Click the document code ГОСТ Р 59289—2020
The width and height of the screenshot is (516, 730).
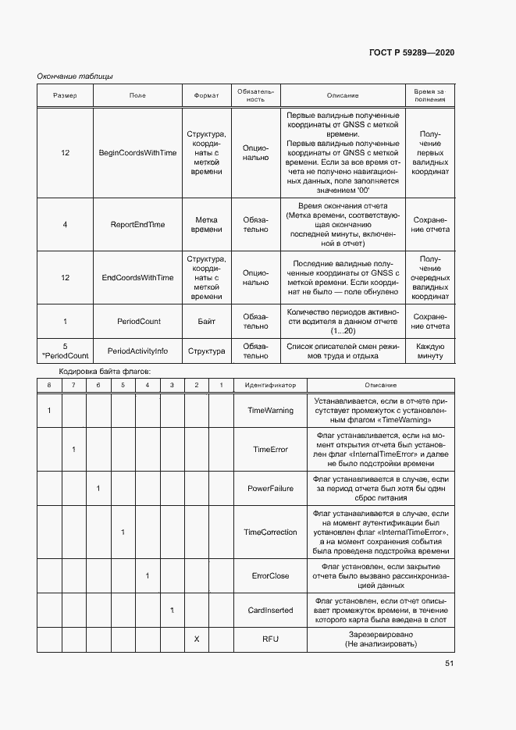click(x=411, y=52)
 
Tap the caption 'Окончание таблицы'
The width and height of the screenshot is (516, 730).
click(x=75, y=76)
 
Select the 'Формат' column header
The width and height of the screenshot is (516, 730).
click(x=206, y=95)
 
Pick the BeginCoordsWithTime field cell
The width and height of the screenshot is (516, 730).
click(x=137, y=152)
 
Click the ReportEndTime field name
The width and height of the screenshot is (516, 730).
click(x=137, y=224)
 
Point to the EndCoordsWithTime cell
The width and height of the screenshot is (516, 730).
click(x=137, y=277)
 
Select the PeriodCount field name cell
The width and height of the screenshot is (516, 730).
click(x=138, y=321)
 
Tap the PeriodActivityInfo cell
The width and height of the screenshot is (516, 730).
click(x=137, y=351)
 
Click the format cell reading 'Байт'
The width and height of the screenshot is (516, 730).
click(x=206, y=321)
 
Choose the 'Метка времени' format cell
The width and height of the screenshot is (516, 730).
click(x=206, y=224)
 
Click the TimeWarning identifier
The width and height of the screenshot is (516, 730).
click(x=270, y=410)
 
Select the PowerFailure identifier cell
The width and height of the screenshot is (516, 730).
click(x=270, y=488)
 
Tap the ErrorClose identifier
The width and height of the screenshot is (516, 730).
click(x=270, y=576)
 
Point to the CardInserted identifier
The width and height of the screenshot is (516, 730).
click(x=270, y=609)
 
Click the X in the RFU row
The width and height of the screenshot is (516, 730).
click(x=197, y=639)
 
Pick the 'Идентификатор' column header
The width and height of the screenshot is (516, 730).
click(x=270, y=385)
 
